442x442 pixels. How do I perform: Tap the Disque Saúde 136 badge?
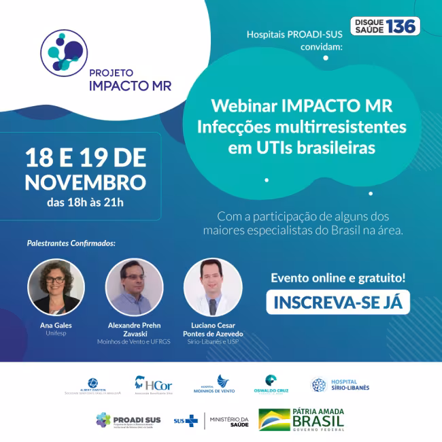click(385, 27)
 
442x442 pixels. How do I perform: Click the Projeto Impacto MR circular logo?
click(63, 50)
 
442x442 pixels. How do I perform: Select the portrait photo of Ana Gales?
click(56, 286)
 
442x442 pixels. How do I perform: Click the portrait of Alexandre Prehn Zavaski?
click(134, 286)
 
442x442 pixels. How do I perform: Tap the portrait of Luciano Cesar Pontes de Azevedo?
click(213, 286)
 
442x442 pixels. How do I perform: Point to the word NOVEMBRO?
click(85, 182)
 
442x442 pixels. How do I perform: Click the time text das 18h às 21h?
click(85, 202)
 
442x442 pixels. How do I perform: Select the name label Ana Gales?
click(56, 325)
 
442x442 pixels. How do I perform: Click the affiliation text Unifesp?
click(56, 334)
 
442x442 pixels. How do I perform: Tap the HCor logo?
click(152, 385)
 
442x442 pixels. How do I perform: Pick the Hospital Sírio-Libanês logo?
click(340, 385)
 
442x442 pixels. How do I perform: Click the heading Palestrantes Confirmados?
click(71, 243)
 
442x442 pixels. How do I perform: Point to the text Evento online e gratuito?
click(338, 277)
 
